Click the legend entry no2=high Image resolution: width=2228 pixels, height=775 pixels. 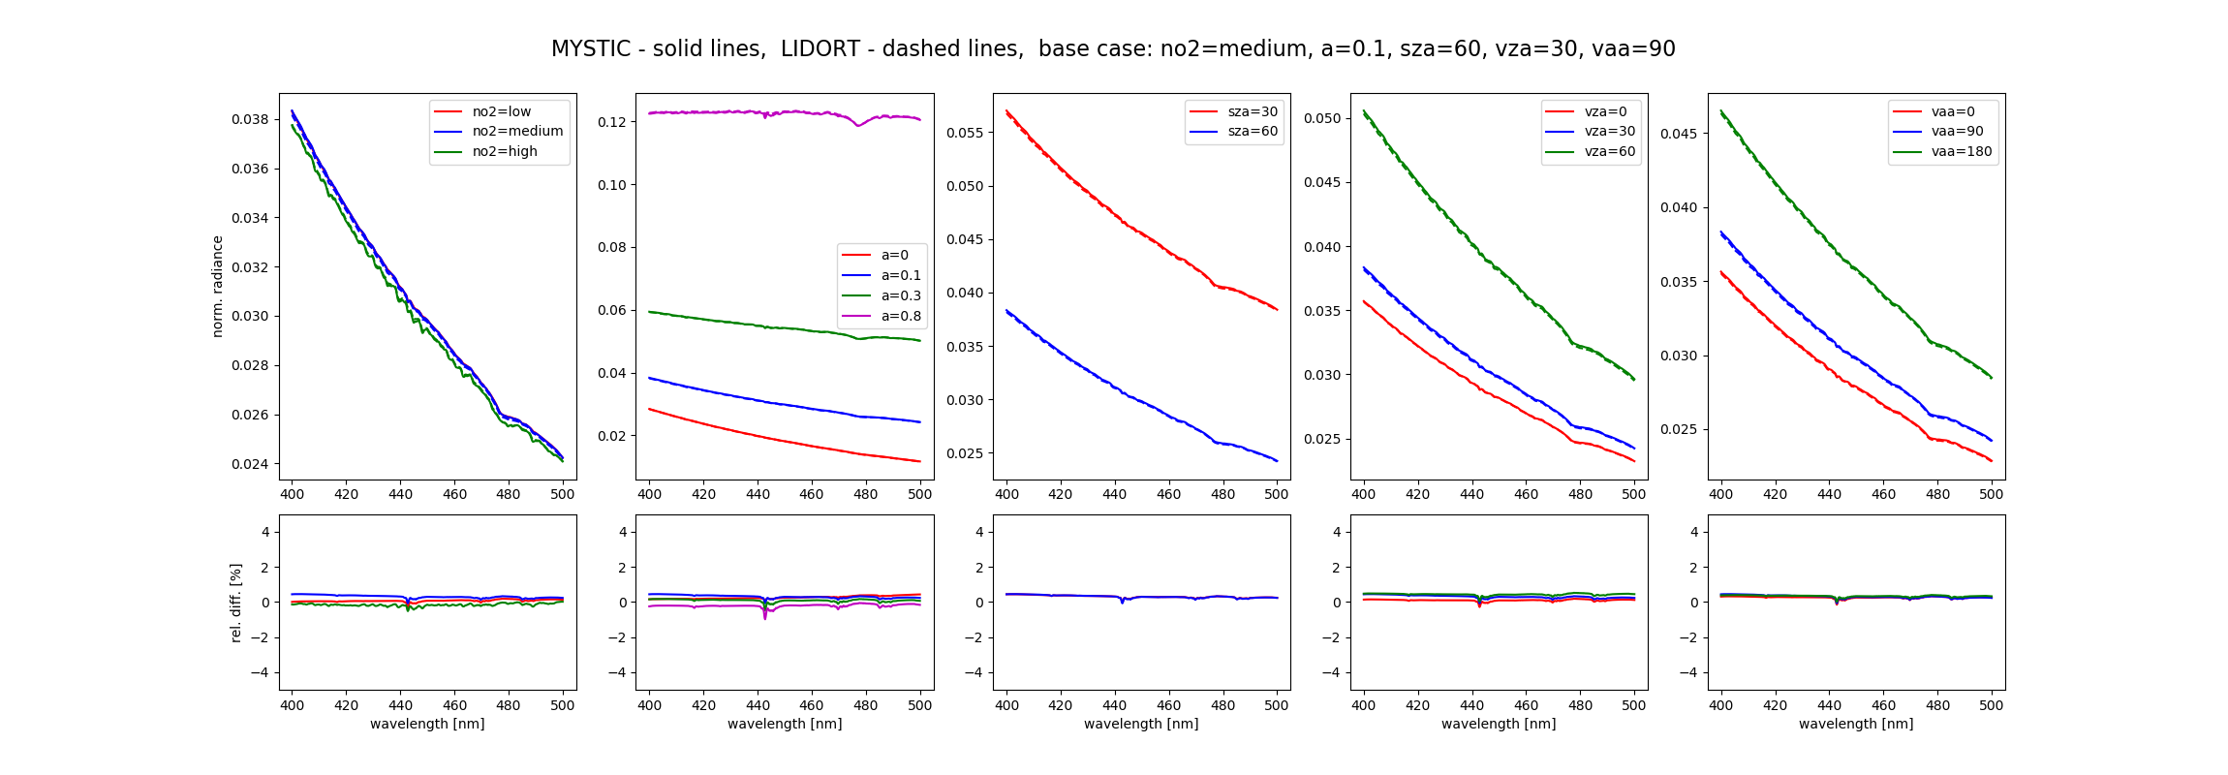[504, 151]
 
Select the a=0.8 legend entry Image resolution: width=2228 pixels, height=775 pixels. [901, 316]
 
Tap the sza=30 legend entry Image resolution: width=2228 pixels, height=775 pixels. [1253, 111]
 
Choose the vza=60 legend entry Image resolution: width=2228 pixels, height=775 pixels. [1609, 151]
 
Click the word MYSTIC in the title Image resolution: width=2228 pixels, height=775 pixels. [591, 49]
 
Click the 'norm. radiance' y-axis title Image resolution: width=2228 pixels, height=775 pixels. [218, 286]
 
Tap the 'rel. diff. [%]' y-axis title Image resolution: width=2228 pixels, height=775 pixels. [236, 602]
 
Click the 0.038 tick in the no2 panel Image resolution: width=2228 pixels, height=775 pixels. [250, 119]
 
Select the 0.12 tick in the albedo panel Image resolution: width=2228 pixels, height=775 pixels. [611, 122]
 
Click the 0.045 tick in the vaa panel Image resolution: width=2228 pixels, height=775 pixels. [1679, 133]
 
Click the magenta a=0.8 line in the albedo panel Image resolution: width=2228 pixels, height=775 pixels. [736, 112]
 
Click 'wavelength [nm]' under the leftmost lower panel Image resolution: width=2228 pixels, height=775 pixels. [427, 724]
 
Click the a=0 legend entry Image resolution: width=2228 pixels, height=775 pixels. [894, 255]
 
